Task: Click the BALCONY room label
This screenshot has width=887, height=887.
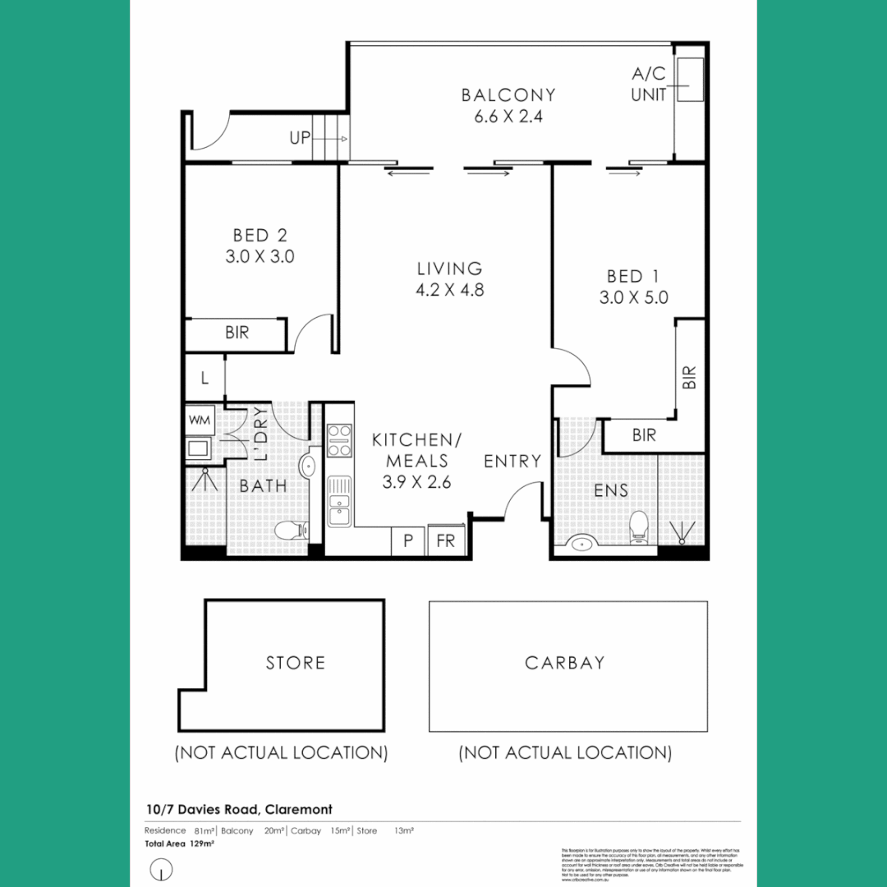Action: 508,95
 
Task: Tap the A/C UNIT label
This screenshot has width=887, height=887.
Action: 649,85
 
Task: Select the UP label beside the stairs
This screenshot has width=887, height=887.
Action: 300,138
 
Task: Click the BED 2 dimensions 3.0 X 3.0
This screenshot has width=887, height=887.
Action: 260,257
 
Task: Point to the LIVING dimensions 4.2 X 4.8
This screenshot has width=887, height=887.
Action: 449,290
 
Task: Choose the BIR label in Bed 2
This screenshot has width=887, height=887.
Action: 237,333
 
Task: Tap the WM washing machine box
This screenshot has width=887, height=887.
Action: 200,421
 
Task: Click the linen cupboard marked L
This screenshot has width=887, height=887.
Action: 204,379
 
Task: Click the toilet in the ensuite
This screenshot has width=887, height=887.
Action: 637,527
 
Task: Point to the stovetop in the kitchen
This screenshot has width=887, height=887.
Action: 339,440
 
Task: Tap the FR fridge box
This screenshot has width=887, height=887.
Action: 446,541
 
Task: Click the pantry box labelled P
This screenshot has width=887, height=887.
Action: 407,541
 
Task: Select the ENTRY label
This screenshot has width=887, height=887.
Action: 512,462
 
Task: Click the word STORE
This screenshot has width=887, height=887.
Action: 295,663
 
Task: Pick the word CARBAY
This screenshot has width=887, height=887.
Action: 564,663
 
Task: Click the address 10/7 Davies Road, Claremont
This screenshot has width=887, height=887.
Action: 238,810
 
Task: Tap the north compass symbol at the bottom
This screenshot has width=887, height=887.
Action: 163,869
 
